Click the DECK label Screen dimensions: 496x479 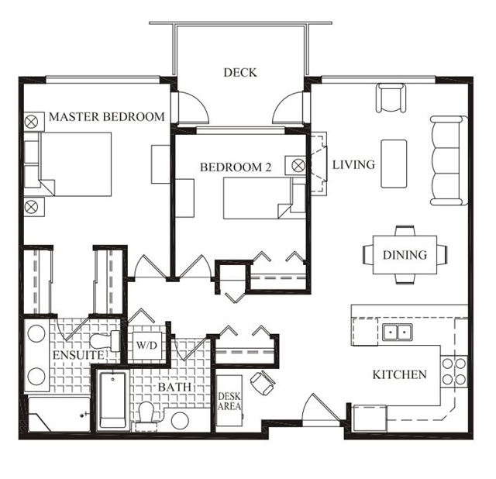(240, 73)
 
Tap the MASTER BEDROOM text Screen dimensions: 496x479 (107, 117)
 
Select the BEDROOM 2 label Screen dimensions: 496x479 (236, 167)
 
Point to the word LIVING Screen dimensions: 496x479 (353, 164)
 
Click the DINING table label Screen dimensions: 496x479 (405, 255)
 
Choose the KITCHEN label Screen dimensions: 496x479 (400, 374)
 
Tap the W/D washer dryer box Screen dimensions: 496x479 (146, 345)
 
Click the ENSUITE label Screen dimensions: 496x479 (78, 355)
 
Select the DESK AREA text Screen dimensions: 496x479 (229, 401)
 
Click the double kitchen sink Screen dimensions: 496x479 (398, 333)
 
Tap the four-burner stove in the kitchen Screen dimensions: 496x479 (454, 370)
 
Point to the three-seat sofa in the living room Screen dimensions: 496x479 (449, 160)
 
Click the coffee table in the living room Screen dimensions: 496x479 (394, 164)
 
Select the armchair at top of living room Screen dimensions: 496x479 (391, 98)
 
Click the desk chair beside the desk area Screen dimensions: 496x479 (263, 383)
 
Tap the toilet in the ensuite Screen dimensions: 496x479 (105, 341)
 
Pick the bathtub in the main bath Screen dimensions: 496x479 (113, 401)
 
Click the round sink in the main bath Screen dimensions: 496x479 (180, 421)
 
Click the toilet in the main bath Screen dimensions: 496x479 (146, 415)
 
